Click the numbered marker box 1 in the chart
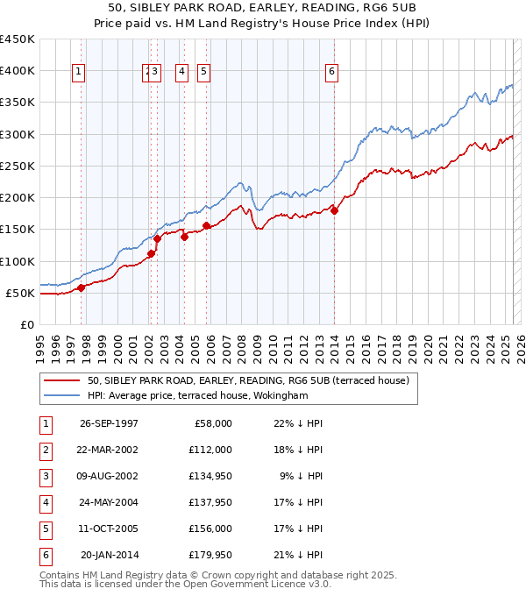[x=80, y=72]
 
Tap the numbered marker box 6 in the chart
[x=333, y=72]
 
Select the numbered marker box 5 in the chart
[x=203, y=72]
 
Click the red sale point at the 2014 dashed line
[x=335, y=210]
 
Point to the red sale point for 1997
[x=81, y=287]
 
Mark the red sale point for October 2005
[x=206, y=225]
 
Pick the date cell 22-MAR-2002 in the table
[x=109, y=450]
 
